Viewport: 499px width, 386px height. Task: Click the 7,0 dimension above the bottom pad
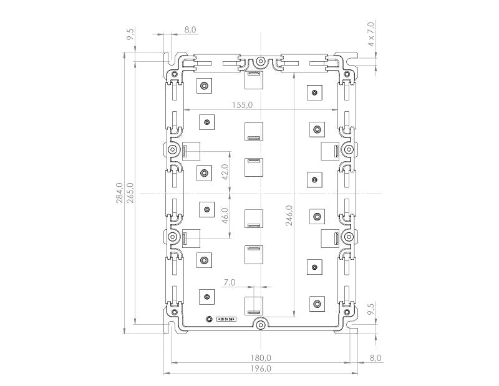[x=228, y=282]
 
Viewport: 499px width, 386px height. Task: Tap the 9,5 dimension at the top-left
[x=131, y=34]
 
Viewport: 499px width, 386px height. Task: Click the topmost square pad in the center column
[x=253, y=80]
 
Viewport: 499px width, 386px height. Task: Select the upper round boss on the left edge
[x=173, y=151]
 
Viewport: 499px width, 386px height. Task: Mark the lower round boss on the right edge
[x=347, y=237]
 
